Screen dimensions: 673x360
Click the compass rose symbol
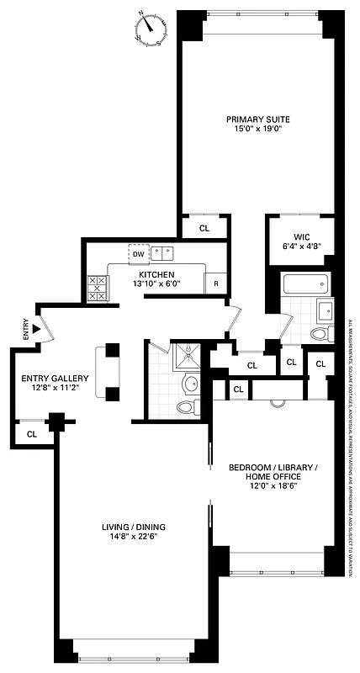pyautogui.click(x=151, y=31)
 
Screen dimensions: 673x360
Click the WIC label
pyautogui.click(x=302, y=236)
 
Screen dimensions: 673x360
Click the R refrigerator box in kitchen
pyautogui.click(x=215, y=284)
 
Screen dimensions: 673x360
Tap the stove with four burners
pyautogui.click(x=96, y=289)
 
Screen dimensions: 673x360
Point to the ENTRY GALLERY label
pyautogui.click(x=55, y=378)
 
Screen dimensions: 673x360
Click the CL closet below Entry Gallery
pyautogui.click(x=32, y=434)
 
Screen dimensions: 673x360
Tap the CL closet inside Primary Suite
pyautogui.click(x=204, y=228)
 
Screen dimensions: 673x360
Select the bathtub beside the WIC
pyautogui.click(x=306, y=285)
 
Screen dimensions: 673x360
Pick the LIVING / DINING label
pyautogui.click(x=130, y=527)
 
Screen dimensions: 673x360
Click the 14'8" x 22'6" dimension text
pyautogui.click(x=130, y=538)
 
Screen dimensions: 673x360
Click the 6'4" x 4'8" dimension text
pyautogui.click(x=302, y=246)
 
